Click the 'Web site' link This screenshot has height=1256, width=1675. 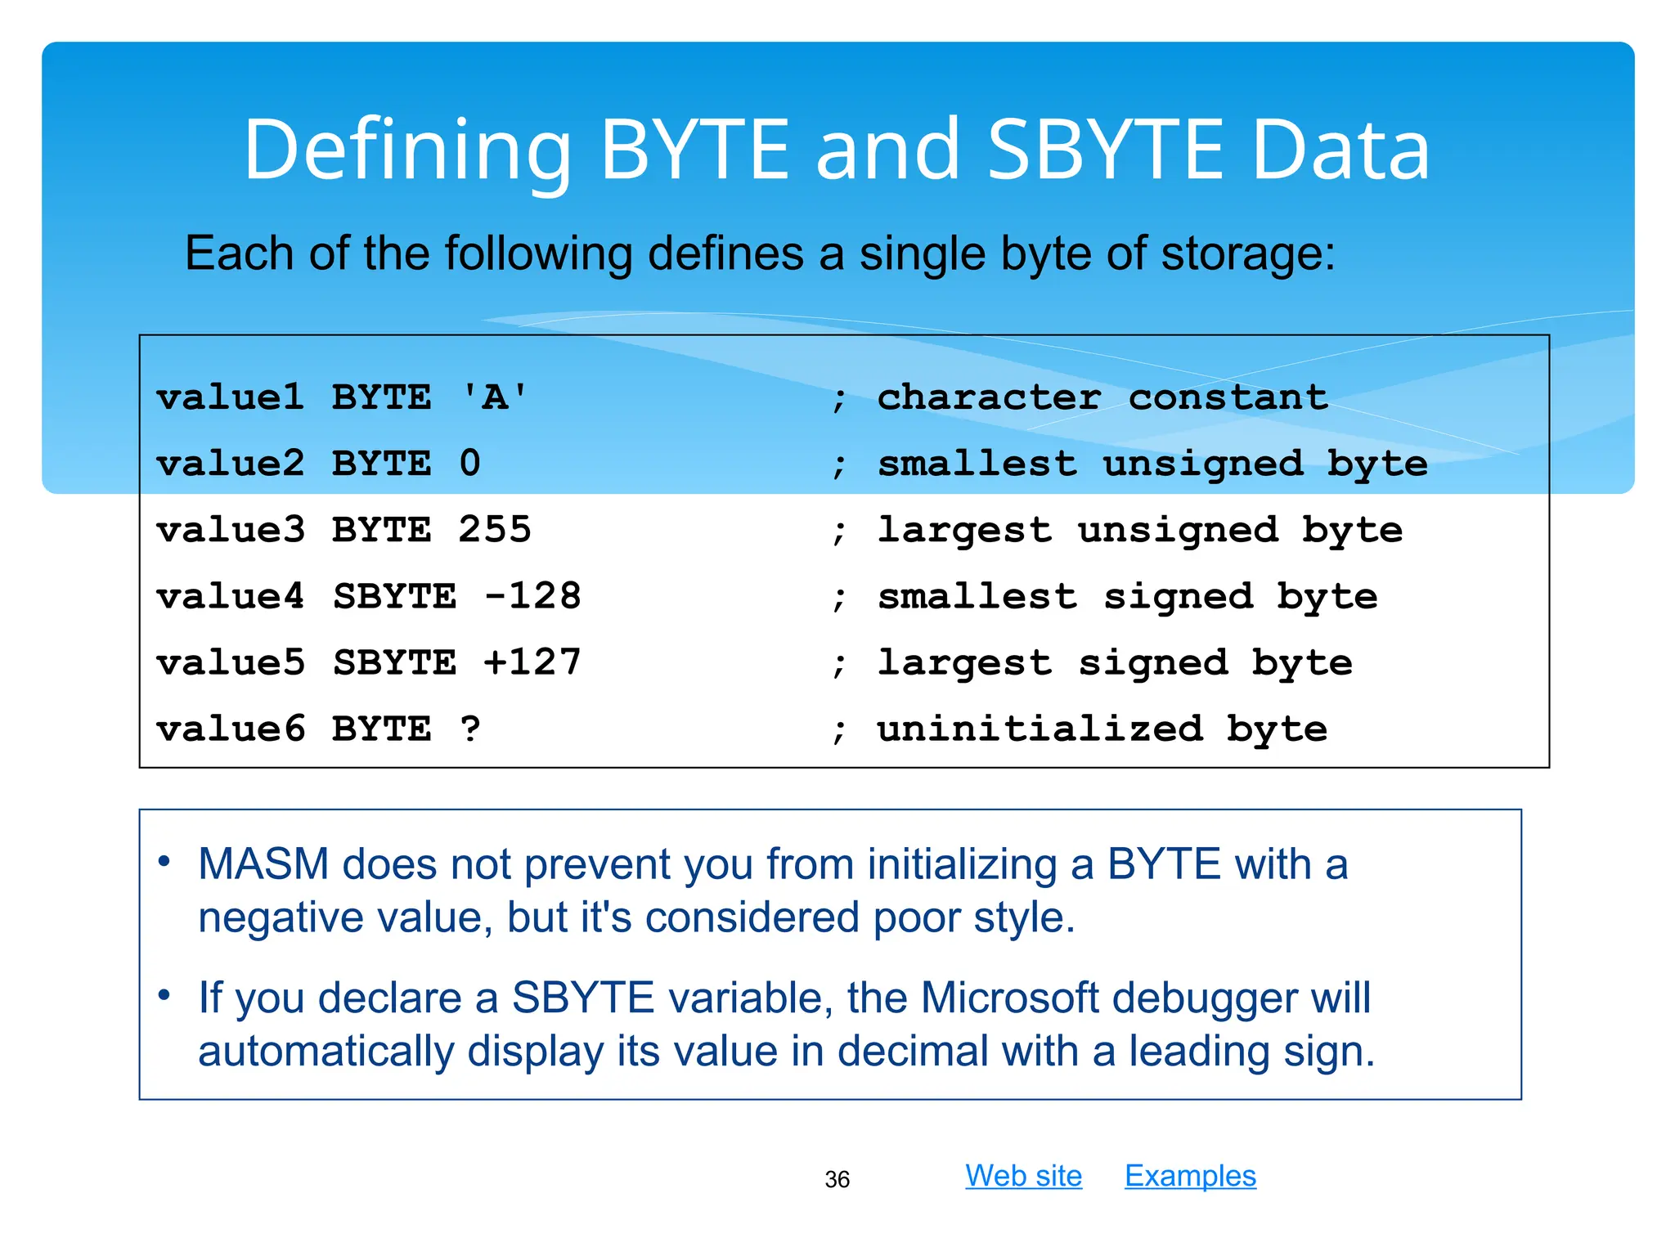tap(1023, 1176)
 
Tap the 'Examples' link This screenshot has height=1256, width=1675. tap(1190, 1176)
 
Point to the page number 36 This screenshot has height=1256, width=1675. tap(837, 1179)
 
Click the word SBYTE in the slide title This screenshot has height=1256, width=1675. tap(1106, 150)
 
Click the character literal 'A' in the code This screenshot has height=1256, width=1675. tap(494, 398)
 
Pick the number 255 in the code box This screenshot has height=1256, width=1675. tap(494, 530)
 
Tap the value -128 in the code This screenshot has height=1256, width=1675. tap(532, 596)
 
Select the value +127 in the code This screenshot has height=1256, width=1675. tap(532, 662)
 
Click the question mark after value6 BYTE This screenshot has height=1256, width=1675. tap(469, 729)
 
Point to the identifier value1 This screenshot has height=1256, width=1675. tap(230, 398)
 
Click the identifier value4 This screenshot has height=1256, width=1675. tap(230, 596)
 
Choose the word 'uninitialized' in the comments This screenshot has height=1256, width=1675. tap(1040, 729)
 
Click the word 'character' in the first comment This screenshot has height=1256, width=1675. tap(989, 398)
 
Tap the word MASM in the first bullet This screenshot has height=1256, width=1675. tap(263, 864)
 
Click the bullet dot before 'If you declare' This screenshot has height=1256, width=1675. tap(164, 995)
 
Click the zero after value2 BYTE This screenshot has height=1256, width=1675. tap(469, 464)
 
